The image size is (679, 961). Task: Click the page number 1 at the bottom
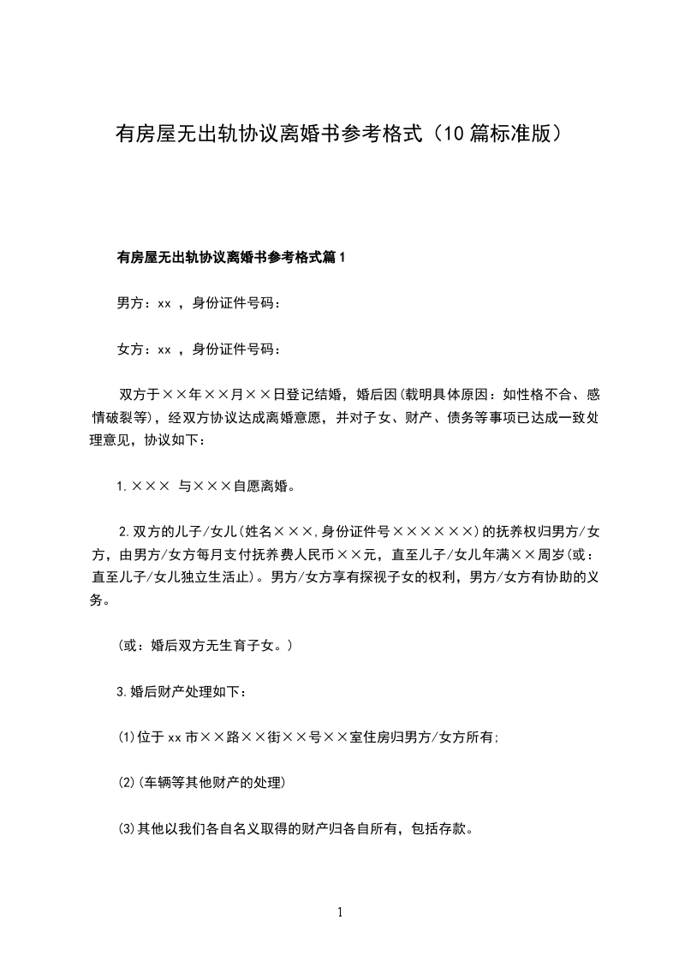tap(340, 911)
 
